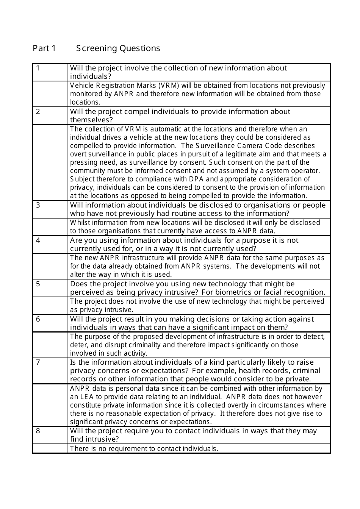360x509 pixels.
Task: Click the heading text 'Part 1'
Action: point(44,48)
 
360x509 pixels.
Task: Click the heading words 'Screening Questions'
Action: point(118,48)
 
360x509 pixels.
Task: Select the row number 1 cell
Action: point(38,68)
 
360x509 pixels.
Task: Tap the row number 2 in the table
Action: point(38,112)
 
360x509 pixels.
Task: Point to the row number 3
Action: point(38,205)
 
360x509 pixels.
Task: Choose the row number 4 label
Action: point(38,240)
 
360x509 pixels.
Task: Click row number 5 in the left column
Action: point(38,284)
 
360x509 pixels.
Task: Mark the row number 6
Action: point(38,319)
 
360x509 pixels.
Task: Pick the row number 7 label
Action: point(38,362)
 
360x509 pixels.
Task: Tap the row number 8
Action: point(38,431)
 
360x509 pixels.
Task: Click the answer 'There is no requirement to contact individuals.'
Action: point(144,449)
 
